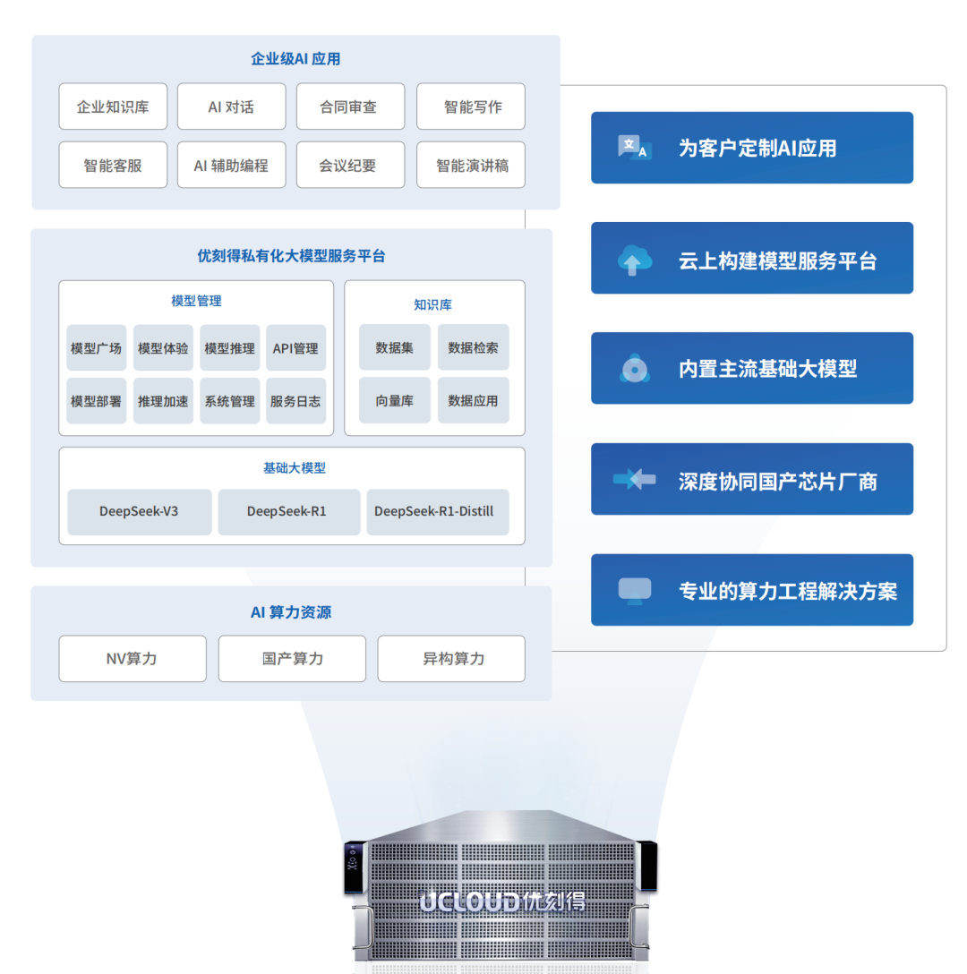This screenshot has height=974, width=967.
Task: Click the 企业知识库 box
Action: (113, 107)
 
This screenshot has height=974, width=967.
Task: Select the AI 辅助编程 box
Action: (231, 165)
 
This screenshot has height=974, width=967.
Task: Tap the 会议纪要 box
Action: (350, 165)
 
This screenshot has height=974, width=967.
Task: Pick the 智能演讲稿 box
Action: (471, 165)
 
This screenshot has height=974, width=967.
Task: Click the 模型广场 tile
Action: (97, 348)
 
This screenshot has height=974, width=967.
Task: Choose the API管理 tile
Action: (295, 348)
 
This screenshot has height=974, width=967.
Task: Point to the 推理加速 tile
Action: (163, 401)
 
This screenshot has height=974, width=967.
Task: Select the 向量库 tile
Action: (395, 400)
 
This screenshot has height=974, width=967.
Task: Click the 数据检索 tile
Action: (474, 347)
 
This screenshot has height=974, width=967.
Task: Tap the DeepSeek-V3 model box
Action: (139, 512)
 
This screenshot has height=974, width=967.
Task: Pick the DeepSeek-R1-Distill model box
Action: (438, 512)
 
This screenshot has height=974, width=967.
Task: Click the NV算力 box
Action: (133, 659)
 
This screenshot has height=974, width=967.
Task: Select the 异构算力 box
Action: (451, 659)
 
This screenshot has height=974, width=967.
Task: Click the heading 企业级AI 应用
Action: (295, 59)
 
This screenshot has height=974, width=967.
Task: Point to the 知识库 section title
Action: (433, 304)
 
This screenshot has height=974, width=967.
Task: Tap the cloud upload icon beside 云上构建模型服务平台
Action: (635, 261)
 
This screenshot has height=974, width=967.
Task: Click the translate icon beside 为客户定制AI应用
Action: (635, 147)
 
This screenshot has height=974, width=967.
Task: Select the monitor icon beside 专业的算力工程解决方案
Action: (635, 591)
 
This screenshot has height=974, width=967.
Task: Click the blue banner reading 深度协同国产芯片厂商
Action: (752, 479)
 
